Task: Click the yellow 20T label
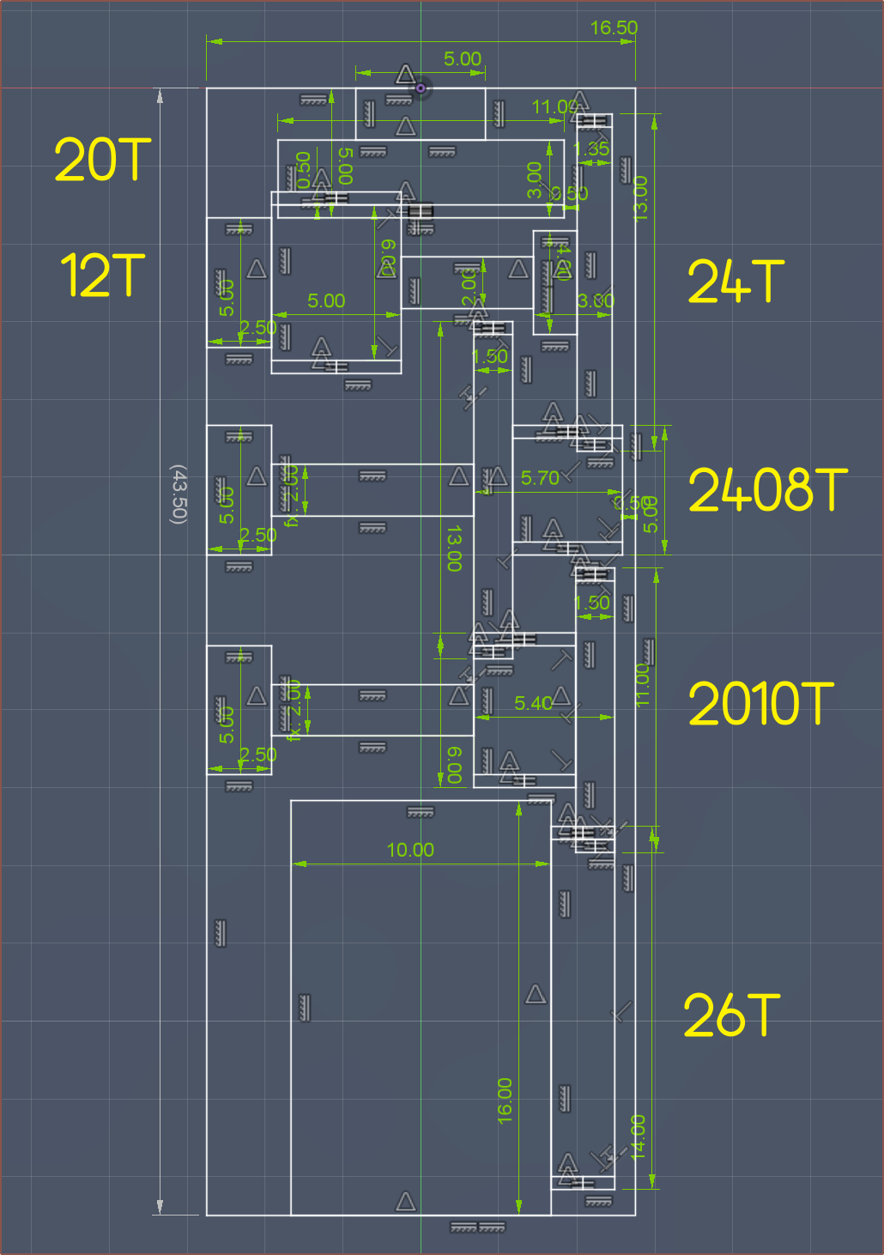102,161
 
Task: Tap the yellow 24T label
736,282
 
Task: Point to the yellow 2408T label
767,490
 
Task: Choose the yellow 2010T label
760,704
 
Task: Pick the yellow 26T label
731,1016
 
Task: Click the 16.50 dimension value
614,28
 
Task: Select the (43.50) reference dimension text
178,494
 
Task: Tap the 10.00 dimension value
410,850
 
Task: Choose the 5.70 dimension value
540,478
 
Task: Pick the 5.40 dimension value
533,704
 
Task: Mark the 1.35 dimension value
591,149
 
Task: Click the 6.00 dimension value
455,765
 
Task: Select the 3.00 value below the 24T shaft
596,301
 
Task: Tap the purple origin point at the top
421,88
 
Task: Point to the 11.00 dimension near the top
554,107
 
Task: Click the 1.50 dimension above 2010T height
592,603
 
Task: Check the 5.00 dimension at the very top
462,59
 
